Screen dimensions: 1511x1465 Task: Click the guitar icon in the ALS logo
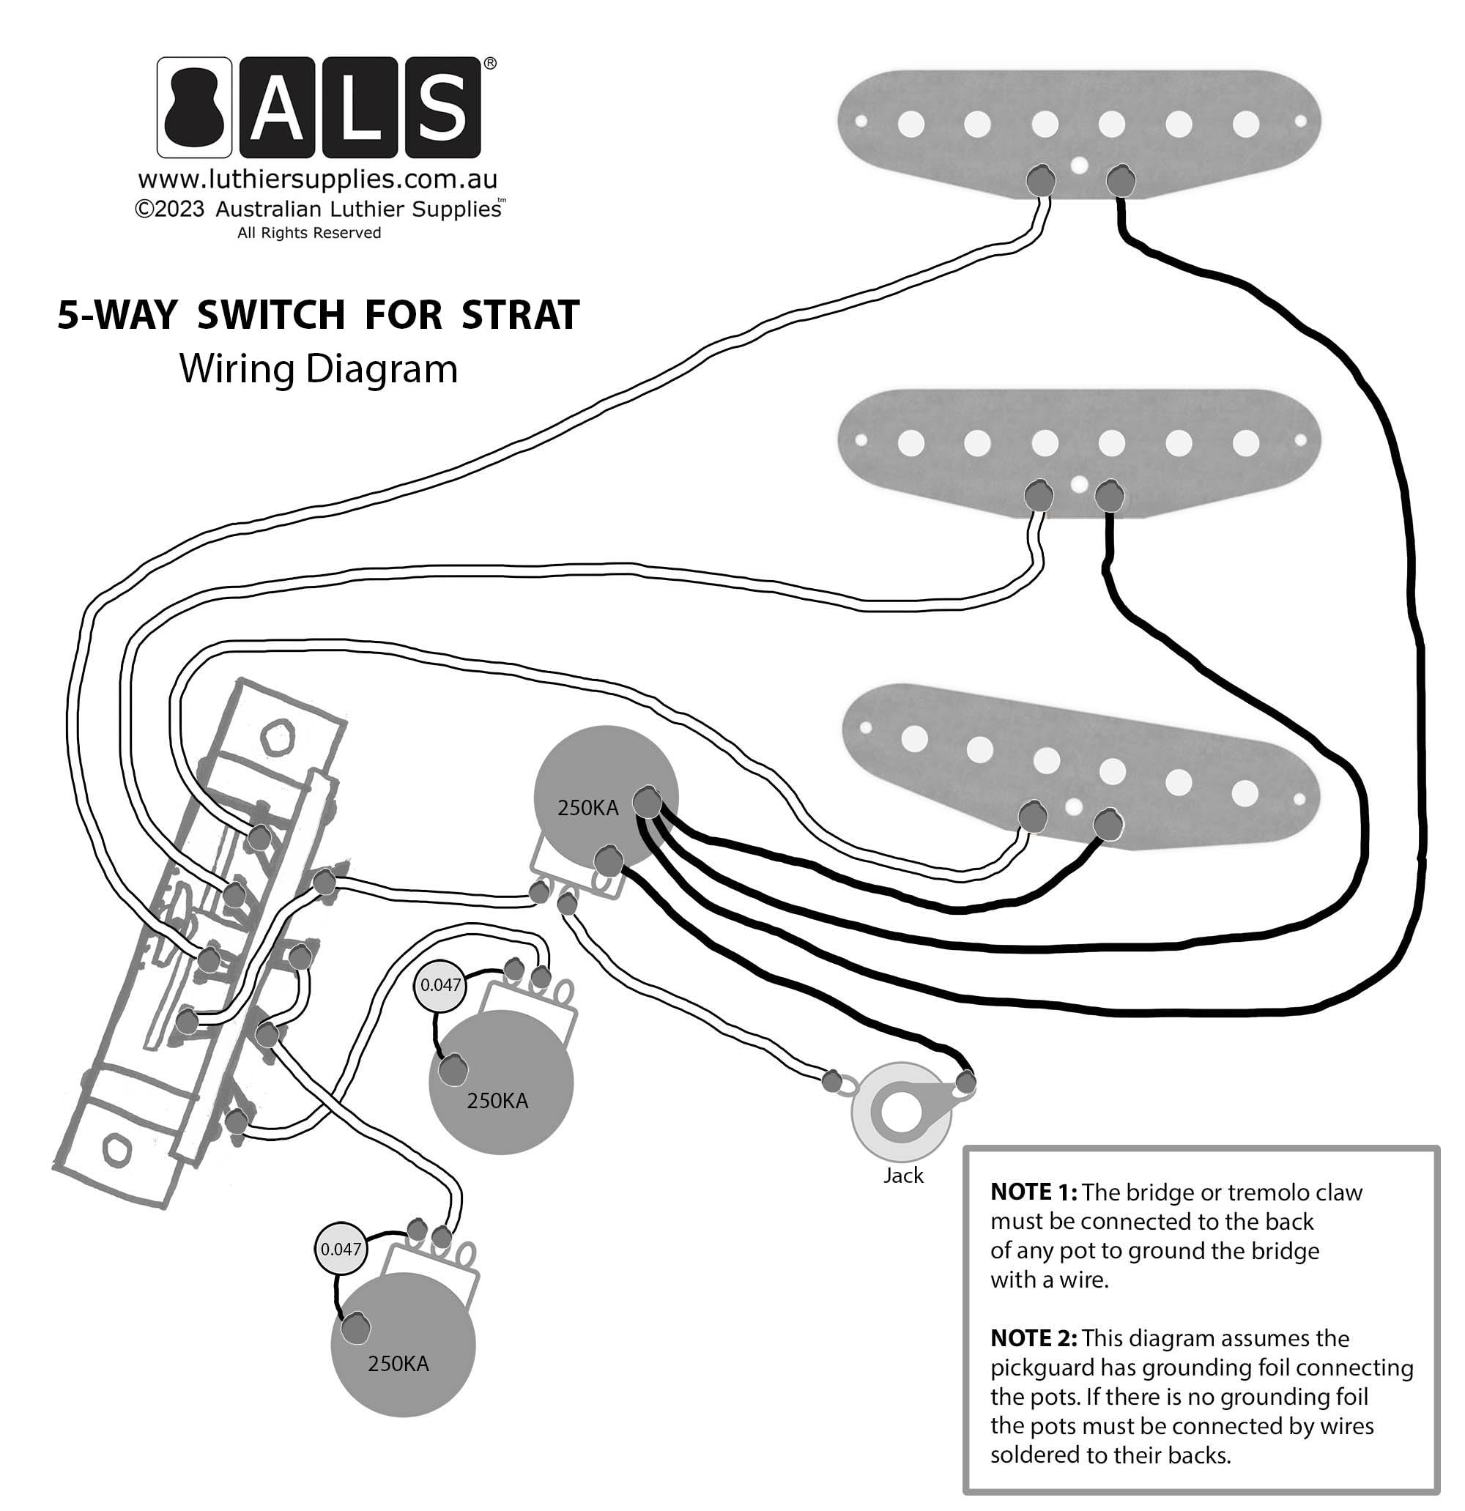(194, 107)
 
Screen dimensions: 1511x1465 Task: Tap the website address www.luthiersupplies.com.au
(318, 179)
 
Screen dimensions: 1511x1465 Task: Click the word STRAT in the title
(521, 314)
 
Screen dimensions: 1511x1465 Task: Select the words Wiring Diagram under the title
(319, 368)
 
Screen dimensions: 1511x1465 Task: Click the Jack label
(903, 1176)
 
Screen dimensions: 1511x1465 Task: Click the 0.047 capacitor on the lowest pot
(341, 1250)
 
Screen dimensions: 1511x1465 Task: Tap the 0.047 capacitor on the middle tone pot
(440, 985)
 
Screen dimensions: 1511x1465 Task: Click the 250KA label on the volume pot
(587, 808)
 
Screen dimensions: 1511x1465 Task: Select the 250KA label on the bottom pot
(398, 1364)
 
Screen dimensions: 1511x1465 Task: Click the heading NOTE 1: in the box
(1034, 1192)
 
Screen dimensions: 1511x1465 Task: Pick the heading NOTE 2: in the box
(1034, 1338)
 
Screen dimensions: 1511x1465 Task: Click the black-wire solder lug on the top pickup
(1120, 181)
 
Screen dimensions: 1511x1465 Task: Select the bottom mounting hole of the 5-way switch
(116, 1150)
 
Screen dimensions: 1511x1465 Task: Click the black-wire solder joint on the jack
(965, 1083)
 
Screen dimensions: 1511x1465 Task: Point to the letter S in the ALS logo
(442, 107)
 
